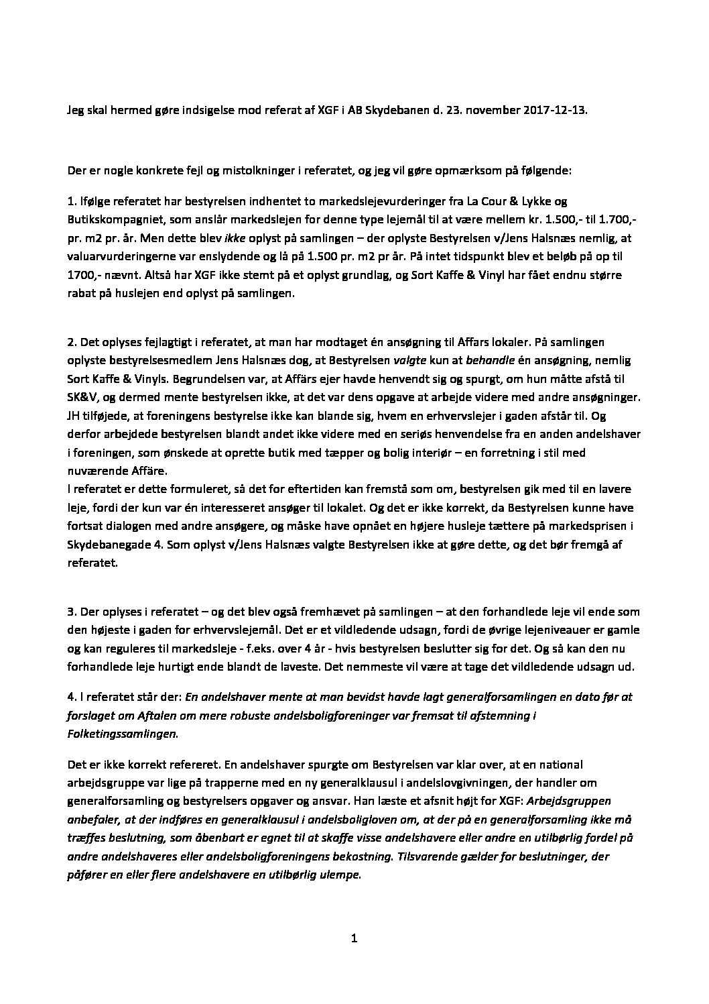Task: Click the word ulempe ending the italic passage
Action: pos(340,875)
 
